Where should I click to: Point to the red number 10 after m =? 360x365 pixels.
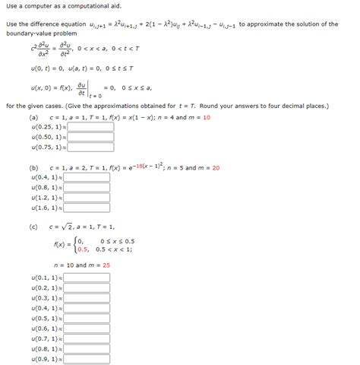click(x=207, y=118)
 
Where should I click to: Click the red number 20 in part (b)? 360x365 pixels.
click(x=216, y=167)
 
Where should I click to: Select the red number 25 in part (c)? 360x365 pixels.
click(x=106, y=265)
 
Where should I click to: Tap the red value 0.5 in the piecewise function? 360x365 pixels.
click(x=82, y=249)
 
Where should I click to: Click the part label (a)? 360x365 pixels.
click(x=33, y=118)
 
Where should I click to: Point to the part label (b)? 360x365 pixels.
click(x=33, y=167)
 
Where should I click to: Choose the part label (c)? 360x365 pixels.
click(x=33, y=227)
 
